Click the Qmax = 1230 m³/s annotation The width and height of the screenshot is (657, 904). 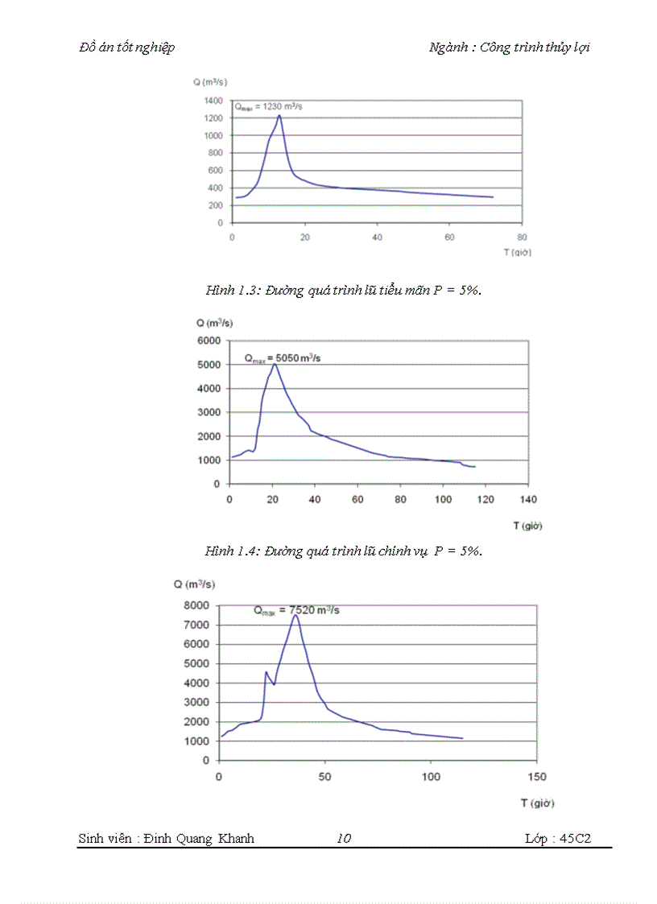(x=268, y=106)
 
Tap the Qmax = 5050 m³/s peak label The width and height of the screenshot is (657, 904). (x=282, y=357)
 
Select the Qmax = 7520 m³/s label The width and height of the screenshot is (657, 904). (x=296, y=610)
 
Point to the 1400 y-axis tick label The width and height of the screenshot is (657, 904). (x=213, y=101)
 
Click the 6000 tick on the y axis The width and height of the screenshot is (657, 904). (x=208, y=341)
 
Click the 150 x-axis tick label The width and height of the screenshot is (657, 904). (x=536, y=777)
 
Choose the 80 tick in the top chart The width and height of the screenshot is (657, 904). (x=522, y=237)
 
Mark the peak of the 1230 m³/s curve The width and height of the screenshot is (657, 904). (x=279, y=115)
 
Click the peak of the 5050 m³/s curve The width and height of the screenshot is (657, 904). (x=275, y=364)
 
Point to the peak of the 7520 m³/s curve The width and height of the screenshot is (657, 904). (x=295, y=616)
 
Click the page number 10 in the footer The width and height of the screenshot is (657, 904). (x=344, y=839)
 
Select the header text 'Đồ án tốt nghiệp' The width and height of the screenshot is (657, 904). (x=127, y=47)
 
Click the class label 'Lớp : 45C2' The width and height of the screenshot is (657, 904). (x=558, y=839)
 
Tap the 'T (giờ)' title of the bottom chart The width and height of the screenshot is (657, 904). (x=537, y=803)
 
